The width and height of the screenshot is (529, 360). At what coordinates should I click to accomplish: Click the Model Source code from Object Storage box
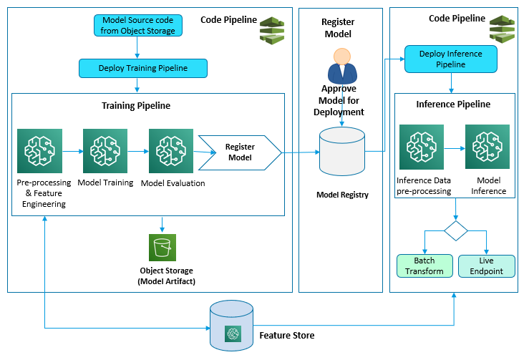[138, 25]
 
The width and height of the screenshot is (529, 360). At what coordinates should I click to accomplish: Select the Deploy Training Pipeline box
[143, 68]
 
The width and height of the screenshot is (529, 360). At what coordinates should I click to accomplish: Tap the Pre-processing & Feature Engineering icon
[39, 151]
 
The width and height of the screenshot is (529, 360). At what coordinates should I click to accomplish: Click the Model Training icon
[105, 151]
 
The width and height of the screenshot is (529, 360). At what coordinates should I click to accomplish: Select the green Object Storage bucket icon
[162, 248]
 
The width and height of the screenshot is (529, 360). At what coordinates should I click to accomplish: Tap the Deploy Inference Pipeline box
[450, 59]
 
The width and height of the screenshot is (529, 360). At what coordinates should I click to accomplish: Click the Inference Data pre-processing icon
[422, 146]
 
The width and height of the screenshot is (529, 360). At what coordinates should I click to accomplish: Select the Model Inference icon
[487, 146]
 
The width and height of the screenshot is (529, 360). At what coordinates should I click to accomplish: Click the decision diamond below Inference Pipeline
[456, 230]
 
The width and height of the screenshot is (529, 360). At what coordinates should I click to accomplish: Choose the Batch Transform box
[424, 266]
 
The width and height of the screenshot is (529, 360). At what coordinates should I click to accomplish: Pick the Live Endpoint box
[486, 266]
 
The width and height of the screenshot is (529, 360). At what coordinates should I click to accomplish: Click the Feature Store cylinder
[231, 324]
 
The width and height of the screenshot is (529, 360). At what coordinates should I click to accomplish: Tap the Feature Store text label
[286, 335]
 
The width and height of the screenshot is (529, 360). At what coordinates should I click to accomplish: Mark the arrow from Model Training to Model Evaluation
[137, 152]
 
